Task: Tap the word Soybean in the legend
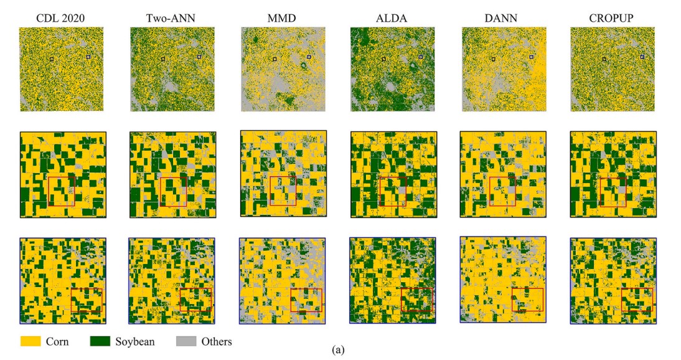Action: (136, 341)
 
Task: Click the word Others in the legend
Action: (216, 341)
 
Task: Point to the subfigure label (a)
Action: (338, 350)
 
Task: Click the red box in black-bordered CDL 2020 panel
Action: (61, 190)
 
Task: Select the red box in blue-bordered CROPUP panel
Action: (636, 300)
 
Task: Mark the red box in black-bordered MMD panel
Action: (283, 191)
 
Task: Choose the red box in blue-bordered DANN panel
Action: (527, 300)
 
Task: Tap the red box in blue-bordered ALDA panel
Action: (416, 300)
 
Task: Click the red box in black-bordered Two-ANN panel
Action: (173, 192)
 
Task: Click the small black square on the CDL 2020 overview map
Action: (52, 59)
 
